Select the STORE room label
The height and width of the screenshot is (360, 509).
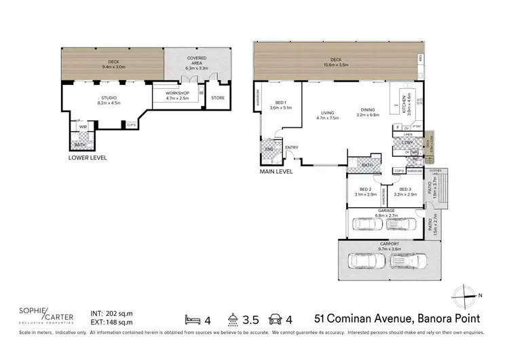(x=217, y=98)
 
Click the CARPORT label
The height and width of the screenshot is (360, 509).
(x=390, y=245)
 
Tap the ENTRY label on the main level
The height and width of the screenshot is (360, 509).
(x=292, y=147)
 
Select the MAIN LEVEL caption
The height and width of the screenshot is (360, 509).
(x=276, y=172)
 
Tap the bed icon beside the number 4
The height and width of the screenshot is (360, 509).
(x=193, y=318)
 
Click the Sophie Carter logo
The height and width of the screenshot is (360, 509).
(x=45, y=317)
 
